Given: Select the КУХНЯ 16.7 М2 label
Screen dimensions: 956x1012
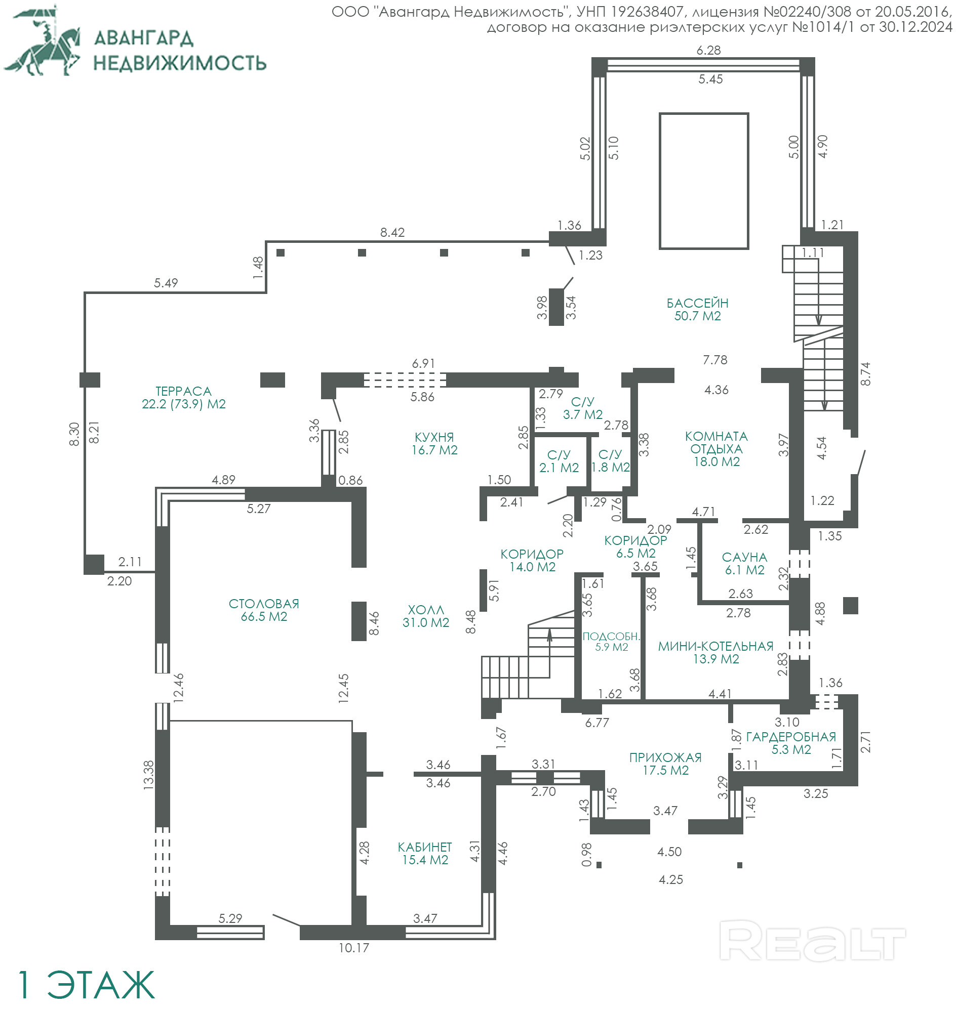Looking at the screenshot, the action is click(434, 444).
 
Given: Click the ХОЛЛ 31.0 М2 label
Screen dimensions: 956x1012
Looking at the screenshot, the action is click(425, 616).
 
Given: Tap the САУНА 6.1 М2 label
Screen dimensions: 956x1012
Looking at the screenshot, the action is click(744, 563).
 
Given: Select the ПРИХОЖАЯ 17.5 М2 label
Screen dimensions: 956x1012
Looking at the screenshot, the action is click(665, 764).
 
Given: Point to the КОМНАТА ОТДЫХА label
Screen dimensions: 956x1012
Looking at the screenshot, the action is click(716, 449).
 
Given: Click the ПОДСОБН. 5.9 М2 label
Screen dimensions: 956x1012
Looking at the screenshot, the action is click(611, 642).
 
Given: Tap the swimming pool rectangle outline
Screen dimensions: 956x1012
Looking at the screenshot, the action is click(659, 181).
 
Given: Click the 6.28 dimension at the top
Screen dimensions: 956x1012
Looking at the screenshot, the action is click(708, 50).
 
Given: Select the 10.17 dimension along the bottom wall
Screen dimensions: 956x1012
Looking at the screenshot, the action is click(353, 948).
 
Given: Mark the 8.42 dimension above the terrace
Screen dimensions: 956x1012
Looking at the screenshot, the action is click(392, 232).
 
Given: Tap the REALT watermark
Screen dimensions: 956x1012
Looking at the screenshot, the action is click(812, 941).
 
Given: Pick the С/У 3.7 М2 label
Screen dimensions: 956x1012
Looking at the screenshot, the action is click(582, 408).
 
